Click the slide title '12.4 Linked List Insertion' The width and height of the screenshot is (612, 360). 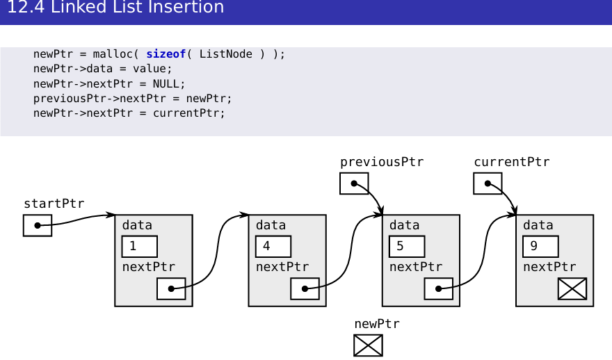(115, 8)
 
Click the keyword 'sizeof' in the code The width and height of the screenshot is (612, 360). (166, 54)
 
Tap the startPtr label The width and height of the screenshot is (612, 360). (54, 204)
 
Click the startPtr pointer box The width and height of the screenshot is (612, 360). (38, 226)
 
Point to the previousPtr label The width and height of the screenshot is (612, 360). (382, 162)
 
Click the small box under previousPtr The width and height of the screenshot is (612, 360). (354, 183)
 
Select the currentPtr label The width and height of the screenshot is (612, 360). (512, 162)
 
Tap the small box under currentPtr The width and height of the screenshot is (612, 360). (488, 183)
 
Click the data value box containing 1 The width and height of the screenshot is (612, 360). (140, 247)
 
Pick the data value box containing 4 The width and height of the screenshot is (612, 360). (273, 247)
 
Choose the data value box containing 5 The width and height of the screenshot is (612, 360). (407, 247)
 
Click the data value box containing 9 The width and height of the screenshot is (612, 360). (540, 247)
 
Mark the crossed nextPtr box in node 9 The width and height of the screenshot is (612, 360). (572, 288)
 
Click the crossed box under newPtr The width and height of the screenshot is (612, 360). (368, 345)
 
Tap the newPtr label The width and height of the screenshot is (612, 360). (377, 324)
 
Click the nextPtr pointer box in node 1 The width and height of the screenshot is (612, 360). (171, 288)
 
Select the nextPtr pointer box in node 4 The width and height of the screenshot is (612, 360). (305, 288)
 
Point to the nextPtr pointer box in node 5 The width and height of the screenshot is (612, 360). (438, 288)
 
